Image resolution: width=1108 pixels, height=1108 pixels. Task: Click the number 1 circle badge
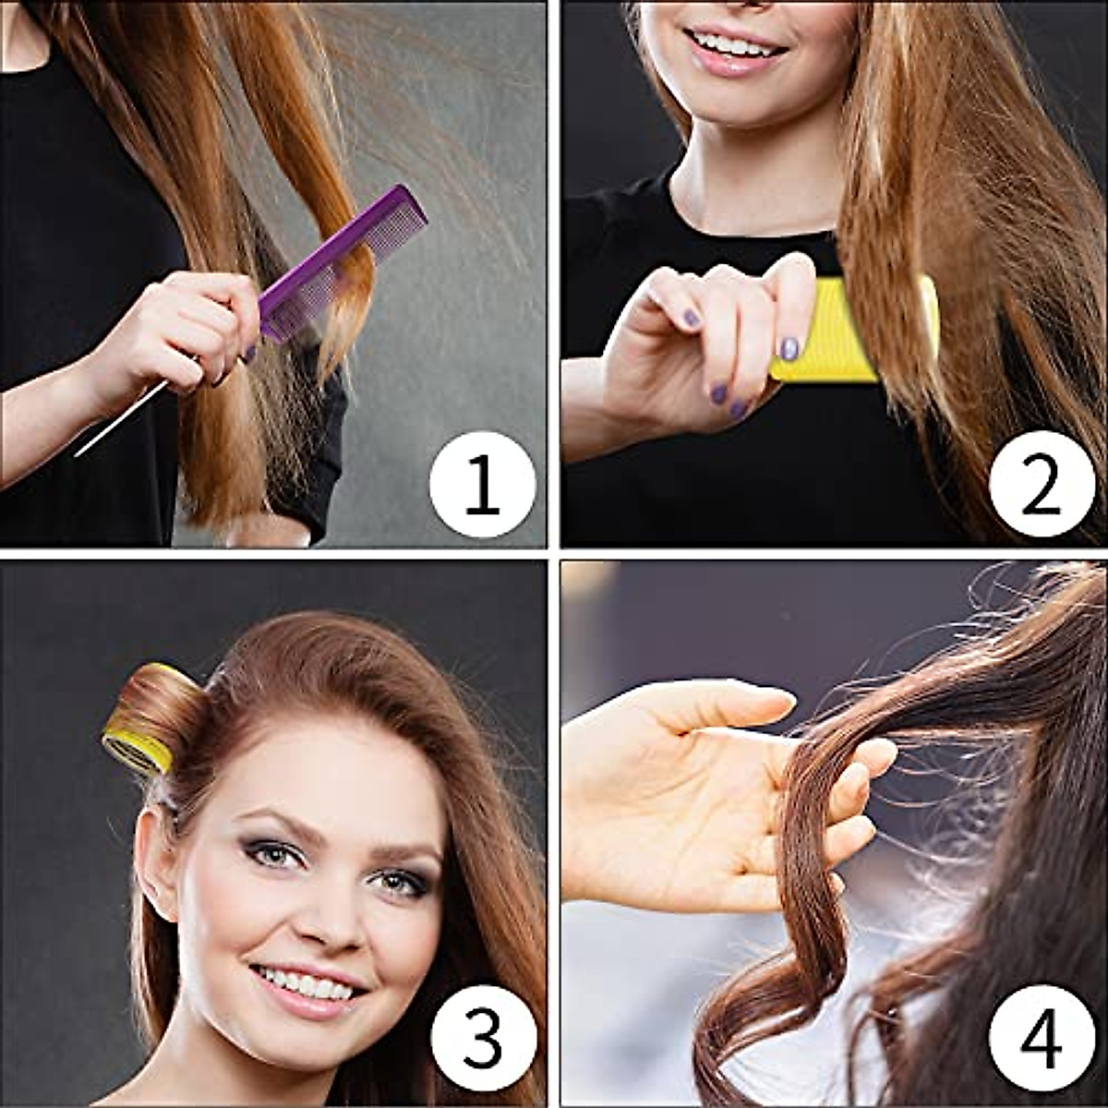click(482, 485)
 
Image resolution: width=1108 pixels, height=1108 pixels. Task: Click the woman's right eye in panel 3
click(277, 854)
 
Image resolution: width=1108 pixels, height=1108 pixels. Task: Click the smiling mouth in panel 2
click(734, 46)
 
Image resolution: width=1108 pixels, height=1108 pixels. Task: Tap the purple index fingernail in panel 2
click(789, 348)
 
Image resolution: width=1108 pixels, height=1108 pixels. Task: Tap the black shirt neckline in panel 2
click(748, 226)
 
